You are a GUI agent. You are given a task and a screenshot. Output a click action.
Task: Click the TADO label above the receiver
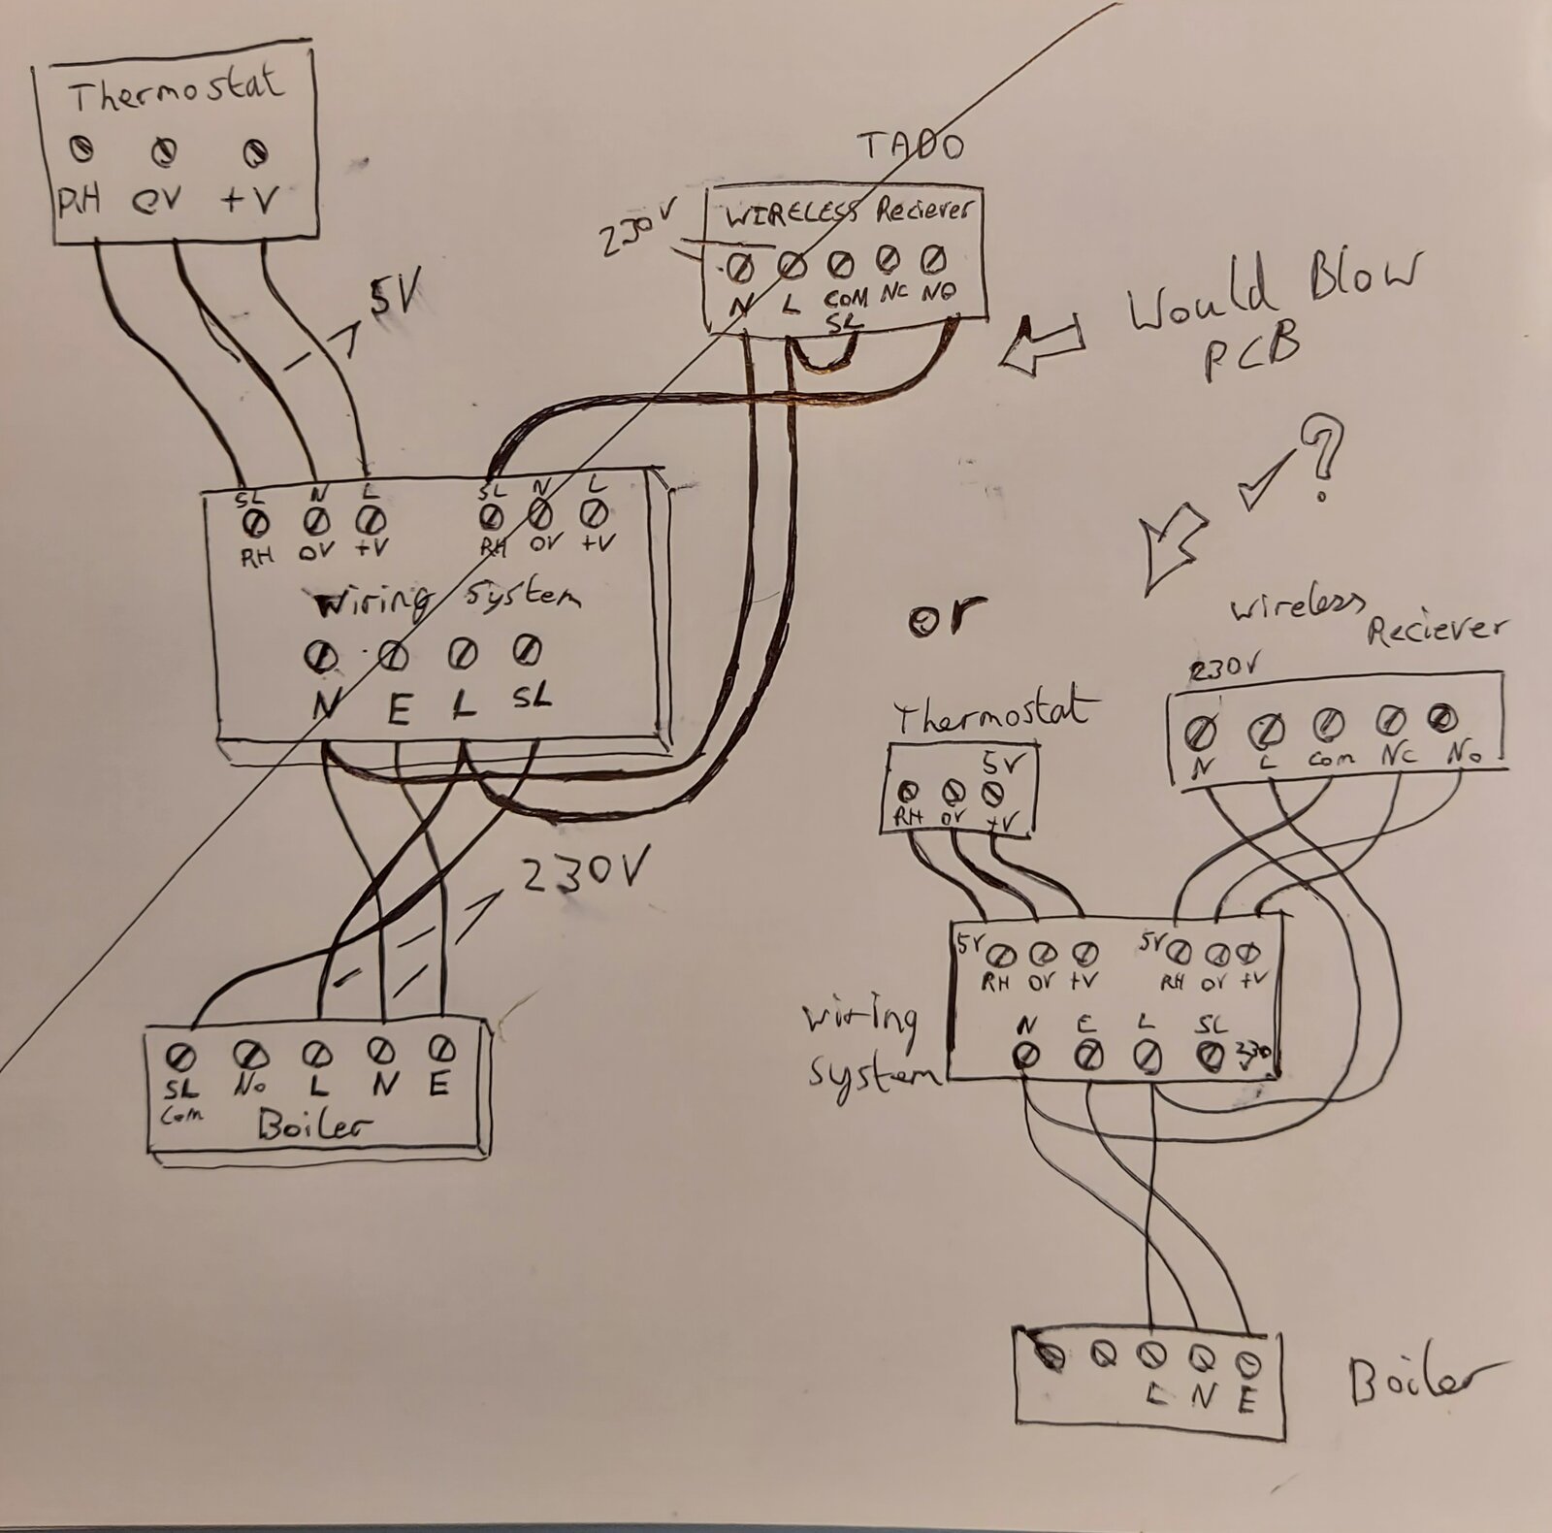(911, 147)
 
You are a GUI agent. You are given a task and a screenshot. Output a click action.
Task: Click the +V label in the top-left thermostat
(249, 200)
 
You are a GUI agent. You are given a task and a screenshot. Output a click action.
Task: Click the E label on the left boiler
(439, 1085)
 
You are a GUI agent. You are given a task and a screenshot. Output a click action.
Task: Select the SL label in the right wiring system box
(1212, 1024)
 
